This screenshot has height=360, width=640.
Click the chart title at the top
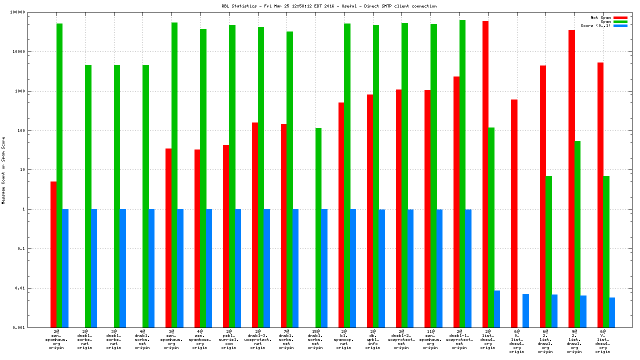coord(329,6)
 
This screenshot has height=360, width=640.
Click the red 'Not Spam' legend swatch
coord(620,17)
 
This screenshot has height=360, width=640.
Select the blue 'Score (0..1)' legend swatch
coord(620,25)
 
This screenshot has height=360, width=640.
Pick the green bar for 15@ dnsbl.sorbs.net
coord(318,227)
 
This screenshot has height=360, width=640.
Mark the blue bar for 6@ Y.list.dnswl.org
coord(612,312)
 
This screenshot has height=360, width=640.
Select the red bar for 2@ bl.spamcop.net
coord(341,215)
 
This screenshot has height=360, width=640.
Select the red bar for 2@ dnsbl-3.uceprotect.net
coord(255,225)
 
